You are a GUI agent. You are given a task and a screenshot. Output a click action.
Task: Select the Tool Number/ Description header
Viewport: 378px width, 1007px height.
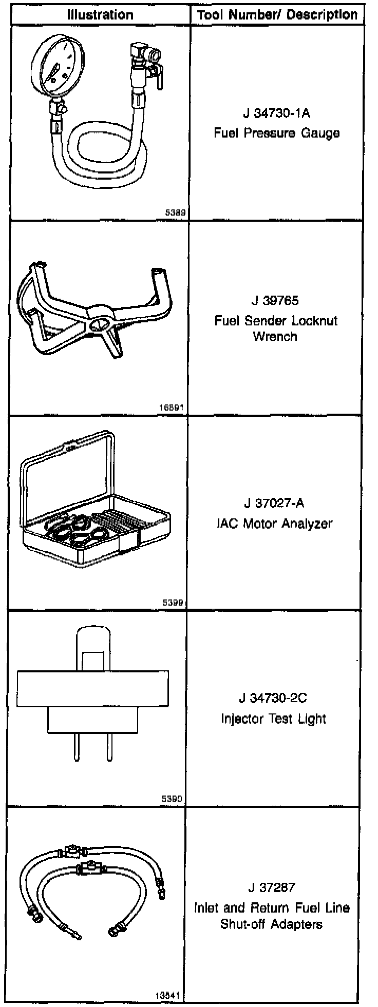point(277,15)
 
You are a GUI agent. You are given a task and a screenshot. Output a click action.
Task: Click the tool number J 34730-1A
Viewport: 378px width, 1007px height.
point(276,112)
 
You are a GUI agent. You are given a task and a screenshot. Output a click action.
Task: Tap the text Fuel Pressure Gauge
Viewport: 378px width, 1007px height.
point(276,133)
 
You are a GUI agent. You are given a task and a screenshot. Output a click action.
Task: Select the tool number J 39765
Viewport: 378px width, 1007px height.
point(275,300)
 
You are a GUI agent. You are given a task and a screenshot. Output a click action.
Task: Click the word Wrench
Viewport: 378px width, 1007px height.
point(275,337)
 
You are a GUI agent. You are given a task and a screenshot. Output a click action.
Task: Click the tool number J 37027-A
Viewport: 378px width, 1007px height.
point(275,503)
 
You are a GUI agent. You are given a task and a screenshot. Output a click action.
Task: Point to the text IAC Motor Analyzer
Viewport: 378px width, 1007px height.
point(275,524)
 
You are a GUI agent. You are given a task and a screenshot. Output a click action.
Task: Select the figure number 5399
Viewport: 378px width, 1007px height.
point(173,603)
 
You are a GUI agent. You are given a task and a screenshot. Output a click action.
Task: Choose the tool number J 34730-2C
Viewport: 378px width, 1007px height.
point(274,698)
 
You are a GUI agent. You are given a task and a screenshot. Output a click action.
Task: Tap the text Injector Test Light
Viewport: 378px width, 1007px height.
point(274,719)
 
